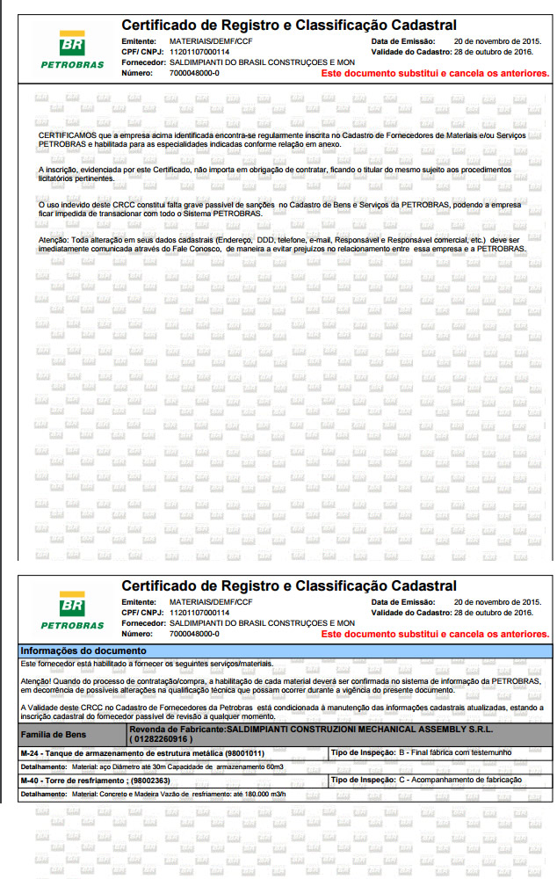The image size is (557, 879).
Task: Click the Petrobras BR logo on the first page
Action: coord(71,45)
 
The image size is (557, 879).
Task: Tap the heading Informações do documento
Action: coord(72,650)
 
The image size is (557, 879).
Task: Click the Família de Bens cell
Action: coord(54,733)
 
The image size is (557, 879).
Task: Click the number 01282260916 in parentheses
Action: coord(161,739)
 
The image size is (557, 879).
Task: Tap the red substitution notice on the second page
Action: coord(436,634)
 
